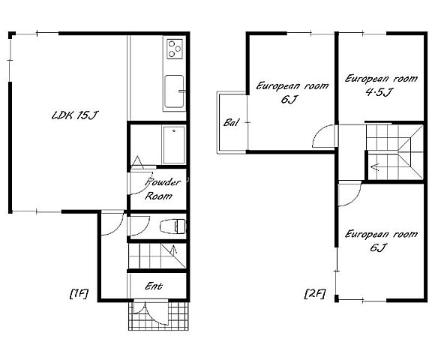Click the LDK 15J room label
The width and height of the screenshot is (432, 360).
[x=75, y=115]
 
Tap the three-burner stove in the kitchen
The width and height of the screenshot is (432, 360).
[x=175, y=49]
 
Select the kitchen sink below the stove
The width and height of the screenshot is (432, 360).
[x=175, y=91]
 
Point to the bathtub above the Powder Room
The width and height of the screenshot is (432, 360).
[x=174, y=145]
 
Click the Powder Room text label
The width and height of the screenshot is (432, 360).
[x=163, y=189]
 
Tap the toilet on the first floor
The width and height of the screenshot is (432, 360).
[x=172, y=226]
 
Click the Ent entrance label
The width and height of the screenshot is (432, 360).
[x=154, y=286]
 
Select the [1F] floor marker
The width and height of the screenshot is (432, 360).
[x=79, y=294]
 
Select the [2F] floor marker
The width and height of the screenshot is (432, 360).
[x=315, y=293]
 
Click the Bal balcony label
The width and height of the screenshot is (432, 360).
[x=231, y=122]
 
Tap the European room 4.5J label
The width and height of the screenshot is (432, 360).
[x=381, y=85]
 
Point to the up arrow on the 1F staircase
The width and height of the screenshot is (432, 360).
[x=174, y=250]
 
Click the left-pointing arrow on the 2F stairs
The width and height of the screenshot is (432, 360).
[x=376, y=167]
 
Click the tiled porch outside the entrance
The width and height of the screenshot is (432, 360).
[x=159, y=316]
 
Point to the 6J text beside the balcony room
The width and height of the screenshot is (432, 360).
[x=288, y=99]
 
